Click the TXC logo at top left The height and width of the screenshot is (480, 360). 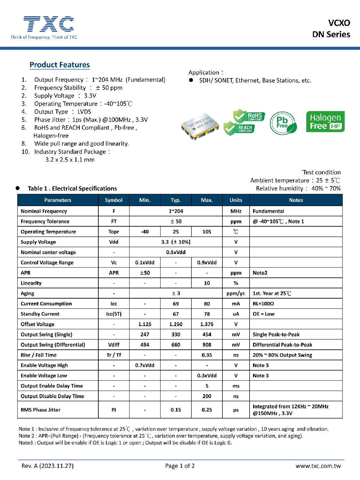point(44,28)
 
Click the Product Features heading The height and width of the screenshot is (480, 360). point(60,65)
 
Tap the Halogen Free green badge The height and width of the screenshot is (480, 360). point(325,122)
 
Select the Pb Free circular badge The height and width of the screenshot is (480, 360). point(283,123)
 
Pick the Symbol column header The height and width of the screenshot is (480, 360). point(114,200)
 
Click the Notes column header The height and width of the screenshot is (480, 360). point(296,200)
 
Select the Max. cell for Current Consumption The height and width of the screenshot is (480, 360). point(207,304)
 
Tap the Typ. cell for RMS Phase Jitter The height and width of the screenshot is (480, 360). point(176,410)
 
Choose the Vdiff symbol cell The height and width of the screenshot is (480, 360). point(114,345)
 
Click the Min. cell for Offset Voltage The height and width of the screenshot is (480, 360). point(145,324)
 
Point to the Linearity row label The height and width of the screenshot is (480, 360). point(31,283)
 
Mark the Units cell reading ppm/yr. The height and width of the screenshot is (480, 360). point(236,293)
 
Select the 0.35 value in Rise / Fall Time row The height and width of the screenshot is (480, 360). point(207,355)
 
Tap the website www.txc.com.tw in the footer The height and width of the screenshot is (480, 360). point(318,466)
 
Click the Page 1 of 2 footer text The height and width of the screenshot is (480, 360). point(180,466)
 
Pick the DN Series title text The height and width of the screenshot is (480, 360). point(331,35)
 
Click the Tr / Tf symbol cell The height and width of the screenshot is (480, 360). point(114,355)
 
